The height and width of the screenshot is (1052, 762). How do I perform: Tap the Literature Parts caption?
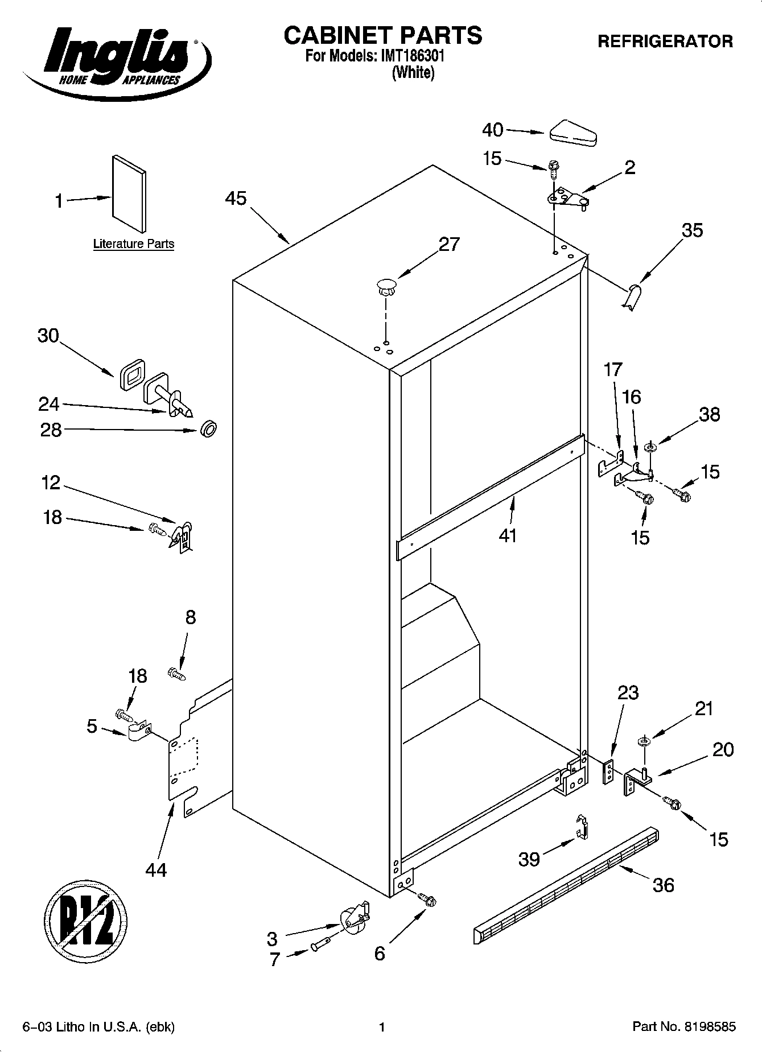point(134,244)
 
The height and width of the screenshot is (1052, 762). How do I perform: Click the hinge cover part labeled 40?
point(572,132)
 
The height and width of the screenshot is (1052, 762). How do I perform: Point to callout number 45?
point(236,199)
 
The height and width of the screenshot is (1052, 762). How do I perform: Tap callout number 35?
point(692,230)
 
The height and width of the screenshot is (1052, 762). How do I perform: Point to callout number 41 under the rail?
point(508,535)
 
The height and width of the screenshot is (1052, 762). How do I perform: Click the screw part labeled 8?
point(177,674)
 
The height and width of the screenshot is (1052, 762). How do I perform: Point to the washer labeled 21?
point(644,741)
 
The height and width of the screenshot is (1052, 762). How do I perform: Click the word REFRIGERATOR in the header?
point(665,42)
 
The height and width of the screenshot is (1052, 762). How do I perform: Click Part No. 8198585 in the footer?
point(684,1027)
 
